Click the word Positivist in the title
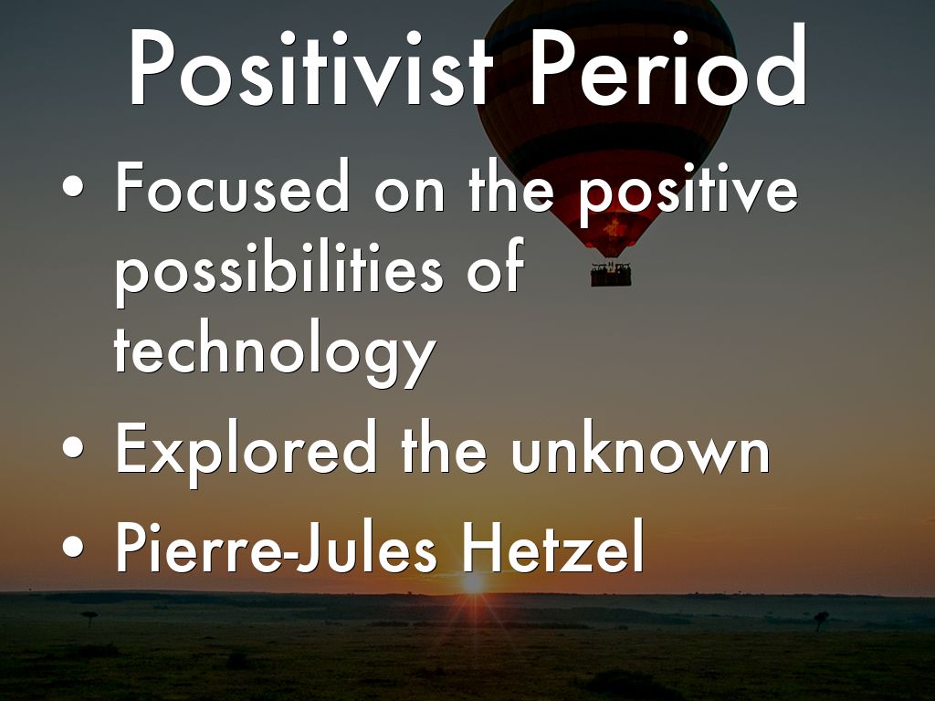[310, 67]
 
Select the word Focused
[232, 186]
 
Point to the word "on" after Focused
[409, 194]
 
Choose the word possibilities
[279, 271]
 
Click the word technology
[275, 351]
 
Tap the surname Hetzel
[553, 546]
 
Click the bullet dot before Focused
[73, 186]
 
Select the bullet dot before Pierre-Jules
[73, 546]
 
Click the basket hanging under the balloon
[611, 275]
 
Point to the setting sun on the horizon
[474, 582]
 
